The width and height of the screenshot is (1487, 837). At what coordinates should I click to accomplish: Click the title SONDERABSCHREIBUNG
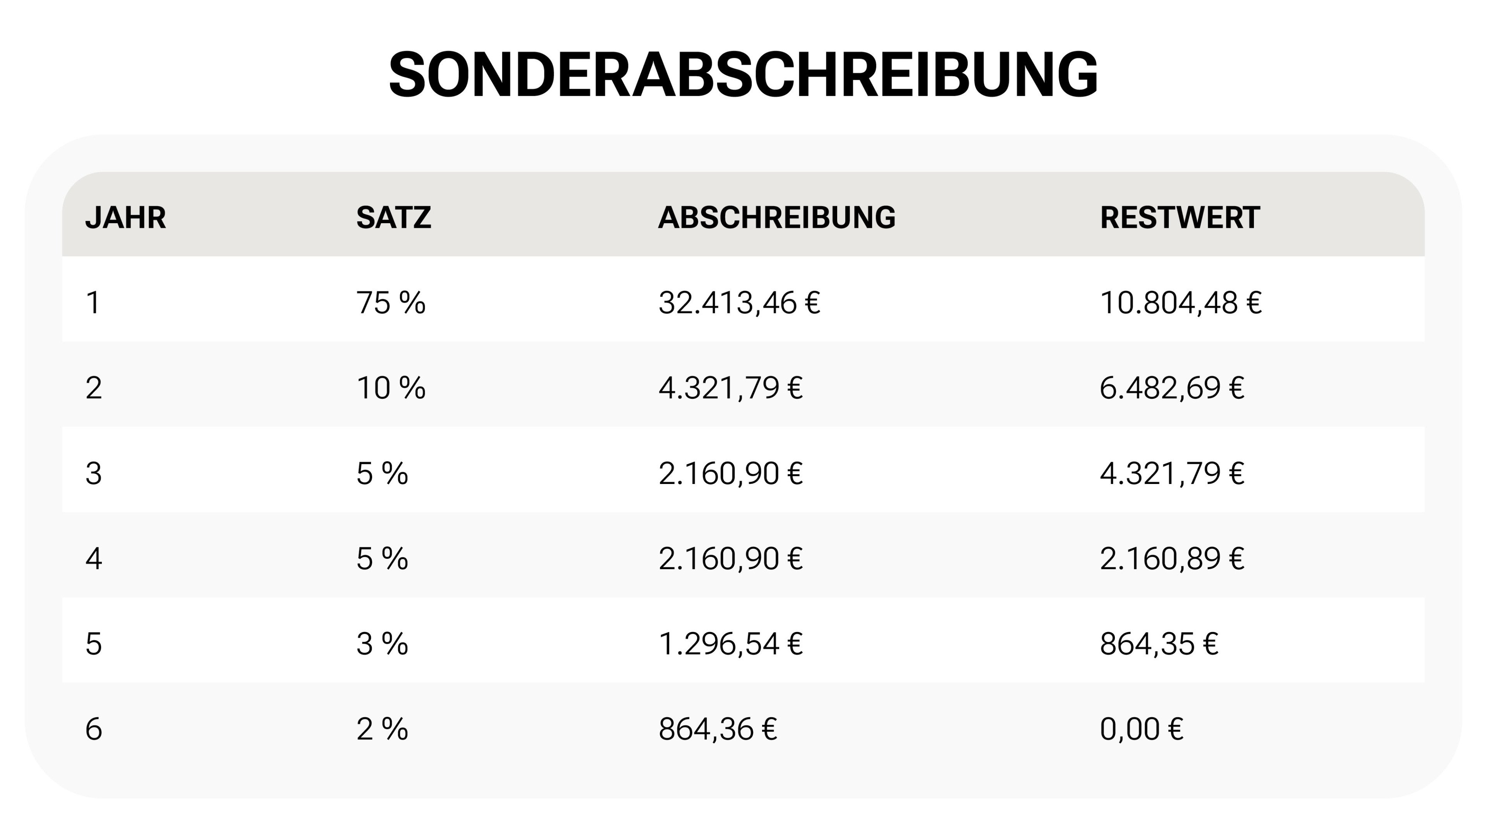[743, 75]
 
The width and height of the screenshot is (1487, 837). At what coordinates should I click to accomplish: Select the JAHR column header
[125, 218]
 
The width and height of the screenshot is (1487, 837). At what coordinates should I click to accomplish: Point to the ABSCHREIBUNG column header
[776, 218]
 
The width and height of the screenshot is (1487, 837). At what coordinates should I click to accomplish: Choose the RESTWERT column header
[1179, 218]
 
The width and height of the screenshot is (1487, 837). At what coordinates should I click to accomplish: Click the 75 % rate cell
[391, 303]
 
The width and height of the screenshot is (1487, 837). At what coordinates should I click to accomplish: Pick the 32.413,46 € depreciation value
[739, 303]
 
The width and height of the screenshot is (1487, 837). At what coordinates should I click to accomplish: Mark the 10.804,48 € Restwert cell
[1180, 303]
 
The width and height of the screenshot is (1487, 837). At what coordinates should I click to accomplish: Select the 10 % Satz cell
[391, 387]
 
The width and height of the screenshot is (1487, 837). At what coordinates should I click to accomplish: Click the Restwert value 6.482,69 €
[1172, 387]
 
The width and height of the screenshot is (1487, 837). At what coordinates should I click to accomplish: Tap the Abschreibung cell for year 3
[730, 473]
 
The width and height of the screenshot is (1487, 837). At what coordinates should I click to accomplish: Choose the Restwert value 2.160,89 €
[1172, 558]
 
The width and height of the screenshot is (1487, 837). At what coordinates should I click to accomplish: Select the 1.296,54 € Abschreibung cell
[730, 644]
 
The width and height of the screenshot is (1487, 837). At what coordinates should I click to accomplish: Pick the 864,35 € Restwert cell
[1159, 644]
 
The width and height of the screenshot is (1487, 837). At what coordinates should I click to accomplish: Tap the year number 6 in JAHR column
[93, 729]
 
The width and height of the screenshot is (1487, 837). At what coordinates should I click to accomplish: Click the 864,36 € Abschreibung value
[718, 729]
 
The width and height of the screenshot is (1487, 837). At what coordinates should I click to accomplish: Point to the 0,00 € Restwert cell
[1141, 729]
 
